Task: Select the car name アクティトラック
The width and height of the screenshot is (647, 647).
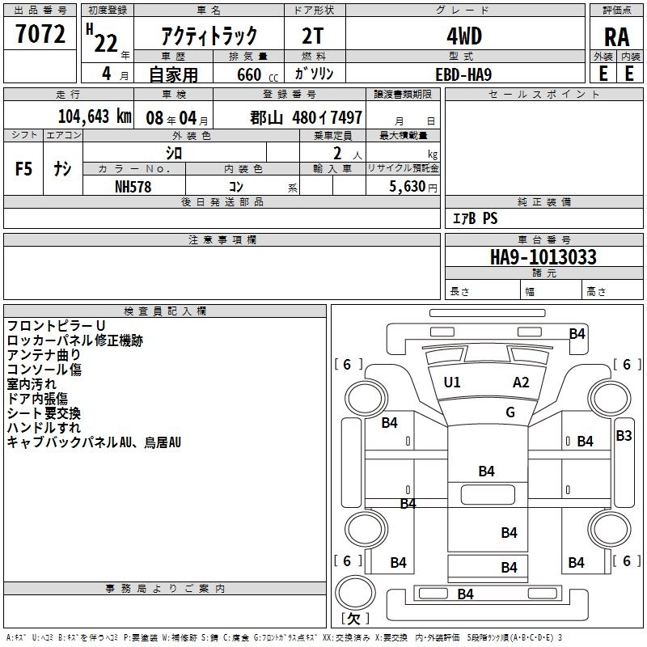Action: (x=209, y=36)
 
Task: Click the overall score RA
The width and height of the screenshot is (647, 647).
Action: (x=616, y=36)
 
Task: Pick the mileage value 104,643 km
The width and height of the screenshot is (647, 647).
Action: (x=95, y=116)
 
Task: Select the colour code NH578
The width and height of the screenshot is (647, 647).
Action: (x=133, y=185)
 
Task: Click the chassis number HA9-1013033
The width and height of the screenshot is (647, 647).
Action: (x=543, y=257)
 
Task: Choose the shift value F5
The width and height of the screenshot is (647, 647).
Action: (x=23, y=169)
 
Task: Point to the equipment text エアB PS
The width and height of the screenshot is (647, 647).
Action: (x=475, y=218)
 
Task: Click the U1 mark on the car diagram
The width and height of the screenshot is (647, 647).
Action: (x=452, y=383)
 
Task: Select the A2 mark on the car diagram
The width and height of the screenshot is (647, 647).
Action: (x=521, y=383)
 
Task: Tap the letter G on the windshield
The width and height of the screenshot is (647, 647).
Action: (x=510, y=412)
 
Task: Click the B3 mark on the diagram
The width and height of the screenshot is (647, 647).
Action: (x=624, y=436)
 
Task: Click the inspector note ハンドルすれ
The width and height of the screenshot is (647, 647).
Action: (x=44, y=428)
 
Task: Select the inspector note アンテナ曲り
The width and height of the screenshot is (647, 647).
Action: (x=44, y=355)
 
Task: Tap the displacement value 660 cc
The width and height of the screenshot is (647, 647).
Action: (x=256, y=74)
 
